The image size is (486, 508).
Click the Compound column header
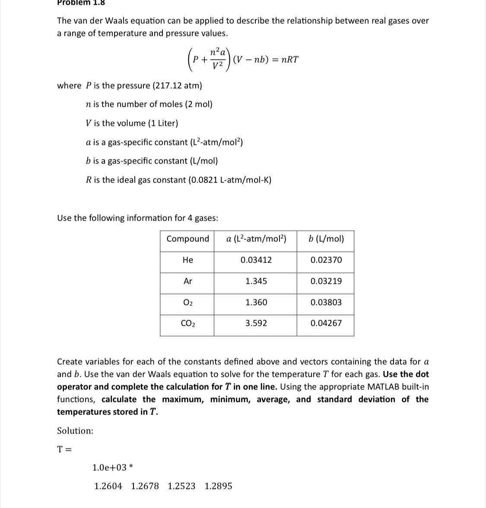point(187,239)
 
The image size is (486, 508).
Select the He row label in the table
point(187,260)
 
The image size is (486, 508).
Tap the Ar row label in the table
point(187,281)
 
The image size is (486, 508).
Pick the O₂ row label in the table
point(187,302)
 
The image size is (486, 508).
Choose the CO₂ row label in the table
point(187,323)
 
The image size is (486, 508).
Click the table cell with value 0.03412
point(256,260)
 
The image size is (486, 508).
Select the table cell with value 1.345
point(256,281)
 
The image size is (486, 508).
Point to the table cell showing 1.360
point(256,302)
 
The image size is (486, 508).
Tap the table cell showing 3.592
point(256,323)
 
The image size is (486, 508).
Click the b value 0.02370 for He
point(326,260)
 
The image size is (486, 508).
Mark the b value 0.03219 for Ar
point(326,281)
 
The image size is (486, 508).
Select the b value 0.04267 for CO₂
point(326,323)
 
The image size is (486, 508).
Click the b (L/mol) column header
point(326,239)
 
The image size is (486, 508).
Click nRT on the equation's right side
point(289,60)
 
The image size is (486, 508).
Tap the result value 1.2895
point(218,486)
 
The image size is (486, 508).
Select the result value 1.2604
point(108,486)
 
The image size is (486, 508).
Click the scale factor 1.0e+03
point(109,467)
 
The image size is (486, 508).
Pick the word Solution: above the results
point(75,431)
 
